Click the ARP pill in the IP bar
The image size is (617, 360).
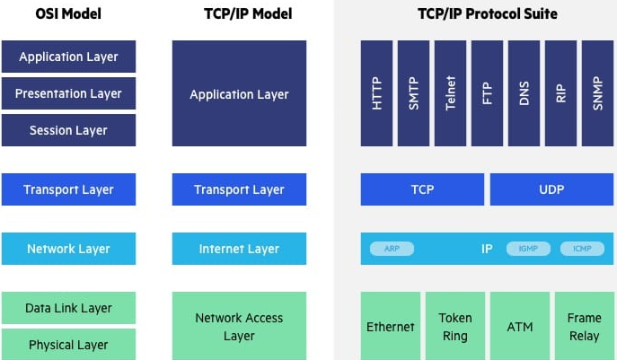392,249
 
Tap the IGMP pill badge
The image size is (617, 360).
528,249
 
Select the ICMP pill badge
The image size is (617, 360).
582,249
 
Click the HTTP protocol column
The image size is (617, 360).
376,93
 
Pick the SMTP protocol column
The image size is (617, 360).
413,93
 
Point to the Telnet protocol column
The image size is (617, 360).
450,93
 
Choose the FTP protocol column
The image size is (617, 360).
487,93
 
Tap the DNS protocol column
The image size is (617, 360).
524,93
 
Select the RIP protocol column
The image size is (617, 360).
560,93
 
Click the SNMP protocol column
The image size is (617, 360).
598,93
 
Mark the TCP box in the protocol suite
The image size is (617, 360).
422,189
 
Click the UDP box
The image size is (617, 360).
551,189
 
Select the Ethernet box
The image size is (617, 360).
391,326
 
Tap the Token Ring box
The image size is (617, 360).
455,326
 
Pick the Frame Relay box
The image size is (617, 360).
585,326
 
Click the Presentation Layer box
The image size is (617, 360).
68,93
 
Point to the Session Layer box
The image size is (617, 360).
68,130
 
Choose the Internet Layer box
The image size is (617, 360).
239,249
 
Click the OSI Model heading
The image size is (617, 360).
68,13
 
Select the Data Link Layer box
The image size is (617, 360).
68,308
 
